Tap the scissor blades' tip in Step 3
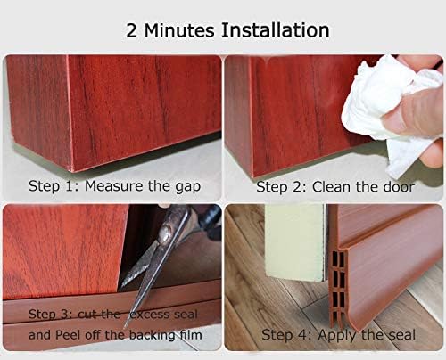[x=123, y=284]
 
